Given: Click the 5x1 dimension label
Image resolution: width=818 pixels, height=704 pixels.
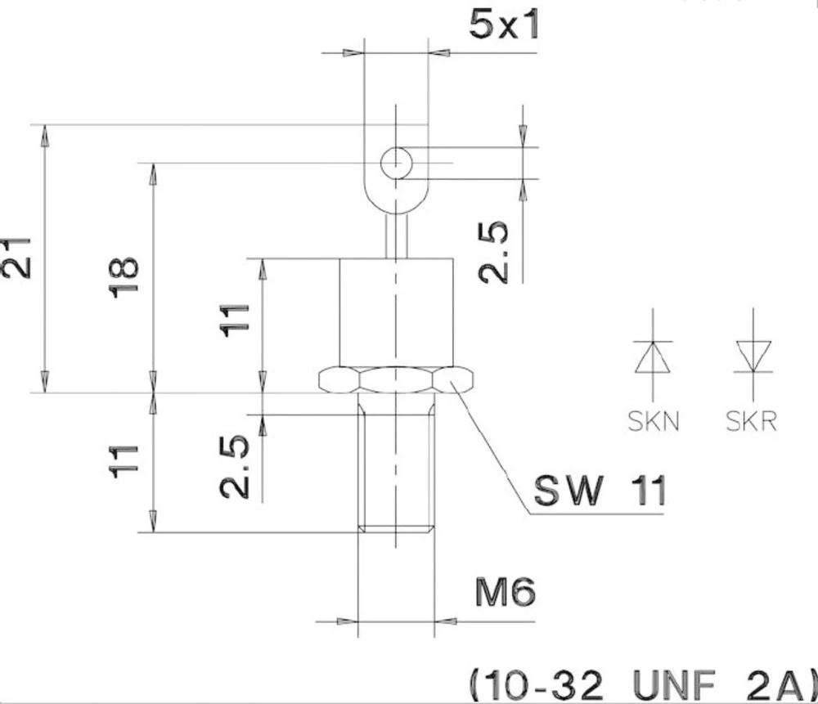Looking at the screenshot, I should [504, 25].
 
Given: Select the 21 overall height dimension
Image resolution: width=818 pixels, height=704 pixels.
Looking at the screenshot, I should [18, 258].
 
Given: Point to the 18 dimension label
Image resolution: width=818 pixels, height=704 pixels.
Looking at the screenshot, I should [125, 277].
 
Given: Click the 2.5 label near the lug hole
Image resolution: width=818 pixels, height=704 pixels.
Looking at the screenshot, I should [494, 253].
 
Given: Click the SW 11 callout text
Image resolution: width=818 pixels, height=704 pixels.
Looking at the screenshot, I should [600, 491].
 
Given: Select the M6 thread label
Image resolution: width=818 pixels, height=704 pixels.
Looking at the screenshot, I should [506, 593].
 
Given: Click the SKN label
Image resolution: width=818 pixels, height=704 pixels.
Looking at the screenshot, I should [654, 422].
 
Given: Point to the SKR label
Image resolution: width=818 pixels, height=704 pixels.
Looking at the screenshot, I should [751, 422].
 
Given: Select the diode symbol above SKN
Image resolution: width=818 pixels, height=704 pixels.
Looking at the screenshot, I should [654, 356].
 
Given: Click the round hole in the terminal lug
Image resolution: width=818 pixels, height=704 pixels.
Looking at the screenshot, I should [396, 163].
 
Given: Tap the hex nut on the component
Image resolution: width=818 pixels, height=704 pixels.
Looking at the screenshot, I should [396, 379].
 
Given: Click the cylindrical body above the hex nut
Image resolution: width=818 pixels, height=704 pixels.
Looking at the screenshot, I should [396, 311].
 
